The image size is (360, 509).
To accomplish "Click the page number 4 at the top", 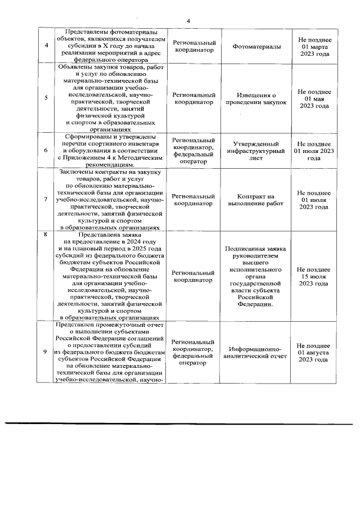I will (x=188, y=21).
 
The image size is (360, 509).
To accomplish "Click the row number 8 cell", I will (x=46, y=232).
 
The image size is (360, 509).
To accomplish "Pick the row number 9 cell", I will (x=46, y=352).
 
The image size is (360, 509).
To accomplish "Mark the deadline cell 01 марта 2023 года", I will (x=314, y=47).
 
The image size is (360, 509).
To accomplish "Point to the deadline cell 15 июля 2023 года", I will (x=314, y=276).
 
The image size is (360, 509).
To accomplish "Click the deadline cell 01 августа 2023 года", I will (x=314, y=353).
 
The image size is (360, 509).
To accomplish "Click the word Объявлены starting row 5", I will (x=73, y=67).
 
